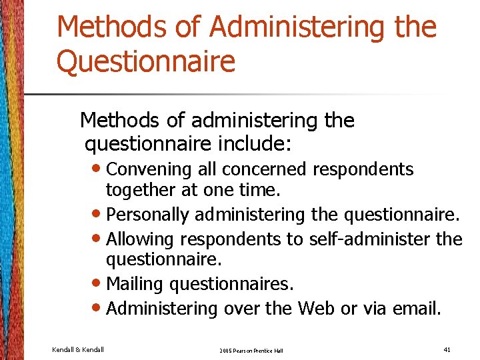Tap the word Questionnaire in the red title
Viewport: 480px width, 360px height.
(146, 62)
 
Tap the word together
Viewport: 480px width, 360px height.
(139, 190)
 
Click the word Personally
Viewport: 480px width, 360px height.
(148, 215)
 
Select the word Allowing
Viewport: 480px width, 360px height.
(136, 239)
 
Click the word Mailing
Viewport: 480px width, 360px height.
(135, 284)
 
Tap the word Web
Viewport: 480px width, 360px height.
(317, 308)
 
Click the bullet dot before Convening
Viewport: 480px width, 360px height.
(97, 170)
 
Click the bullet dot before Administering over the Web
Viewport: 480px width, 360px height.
(97, 309)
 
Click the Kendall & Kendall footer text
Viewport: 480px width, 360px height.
(78, 348)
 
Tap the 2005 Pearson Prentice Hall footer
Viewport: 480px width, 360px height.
(251, 349)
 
